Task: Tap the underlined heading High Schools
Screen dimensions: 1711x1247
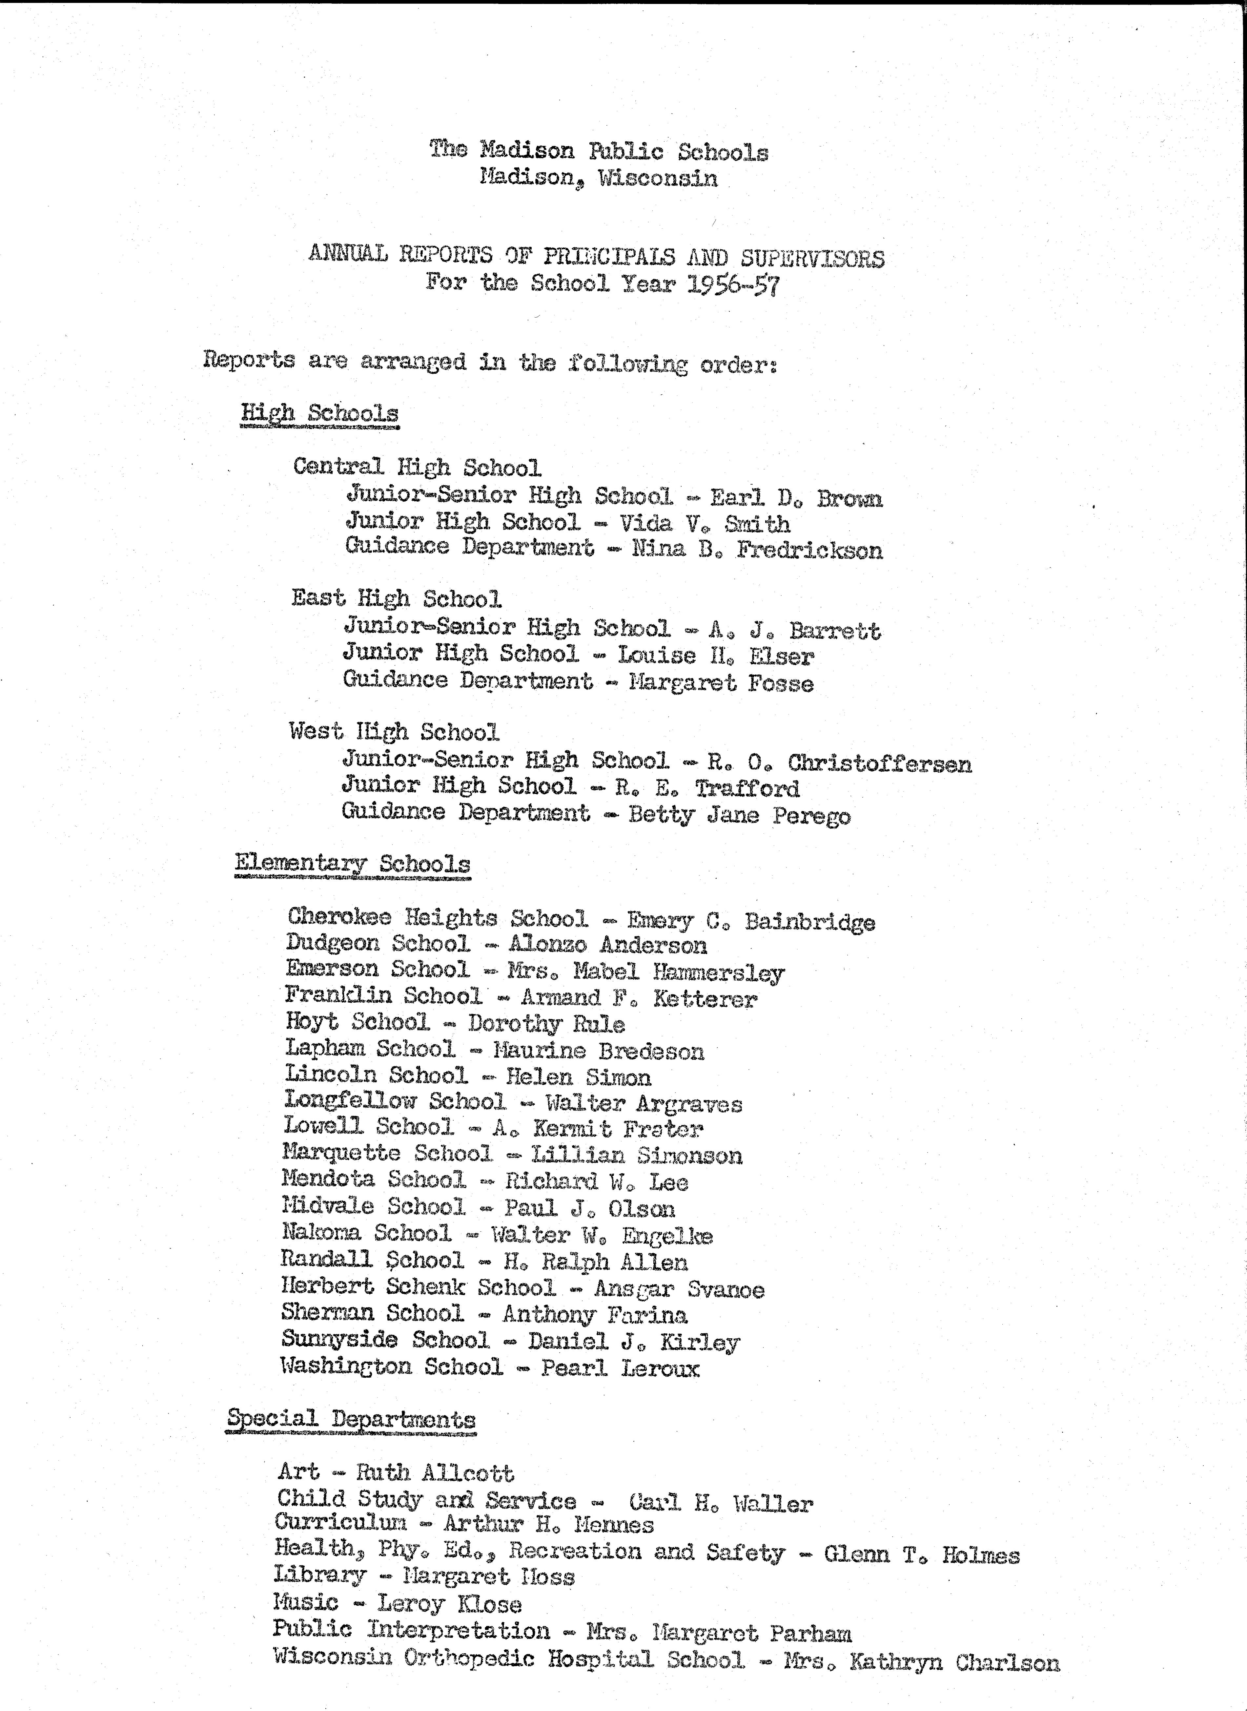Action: tap(319, 414)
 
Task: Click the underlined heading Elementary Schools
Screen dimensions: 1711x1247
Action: tap(352, 864)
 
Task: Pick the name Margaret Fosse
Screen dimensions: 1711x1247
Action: tap(721, 683)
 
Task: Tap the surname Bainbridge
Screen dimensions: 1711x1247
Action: tap(809, 922)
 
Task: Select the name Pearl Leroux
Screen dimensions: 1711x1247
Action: tap(620, 1368)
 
